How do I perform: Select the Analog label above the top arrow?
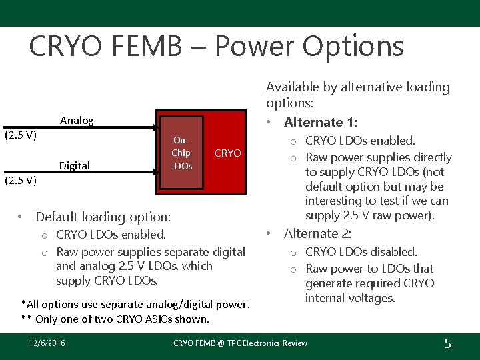77,121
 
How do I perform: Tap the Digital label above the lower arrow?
75,165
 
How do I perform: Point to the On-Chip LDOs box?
181,153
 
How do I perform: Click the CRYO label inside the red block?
228,153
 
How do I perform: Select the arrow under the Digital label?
80,175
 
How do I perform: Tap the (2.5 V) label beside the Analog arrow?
21,135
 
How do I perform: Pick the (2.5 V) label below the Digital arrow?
21,180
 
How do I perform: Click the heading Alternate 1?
320,123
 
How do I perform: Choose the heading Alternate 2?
318,233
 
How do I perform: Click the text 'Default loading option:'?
103,217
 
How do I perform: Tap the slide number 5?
447,343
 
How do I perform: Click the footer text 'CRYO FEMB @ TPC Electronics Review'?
240,343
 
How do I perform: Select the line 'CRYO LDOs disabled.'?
361,252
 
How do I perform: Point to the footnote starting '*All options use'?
135,305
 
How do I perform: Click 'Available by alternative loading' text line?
358,87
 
